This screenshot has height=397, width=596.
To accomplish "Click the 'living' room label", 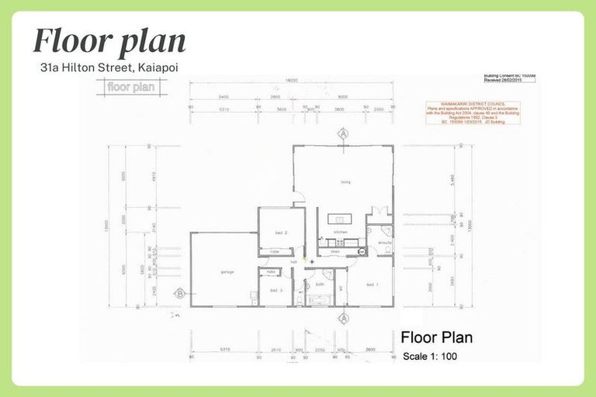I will tap(345, 182).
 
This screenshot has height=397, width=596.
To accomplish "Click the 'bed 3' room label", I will tap(276, 290).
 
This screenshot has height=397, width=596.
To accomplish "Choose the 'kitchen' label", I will tap(340, 232).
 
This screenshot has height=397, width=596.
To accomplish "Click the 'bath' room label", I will tap(320, 285).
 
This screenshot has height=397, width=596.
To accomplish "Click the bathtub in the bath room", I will tap(321, 299).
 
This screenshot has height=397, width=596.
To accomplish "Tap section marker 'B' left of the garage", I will tap(179, 293).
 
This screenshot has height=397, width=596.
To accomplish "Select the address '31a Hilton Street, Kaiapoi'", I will tap(109, 67).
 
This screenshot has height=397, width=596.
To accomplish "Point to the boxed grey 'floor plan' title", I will tap(130, 87).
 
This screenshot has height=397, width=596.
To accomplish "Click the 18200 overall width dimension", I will tap(291, 80).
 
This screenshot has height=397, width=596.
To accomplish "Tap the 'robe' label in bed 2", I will tap(275, 252).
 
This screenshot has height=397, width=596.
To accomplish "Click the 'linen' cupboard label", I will tap(335, 252).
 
